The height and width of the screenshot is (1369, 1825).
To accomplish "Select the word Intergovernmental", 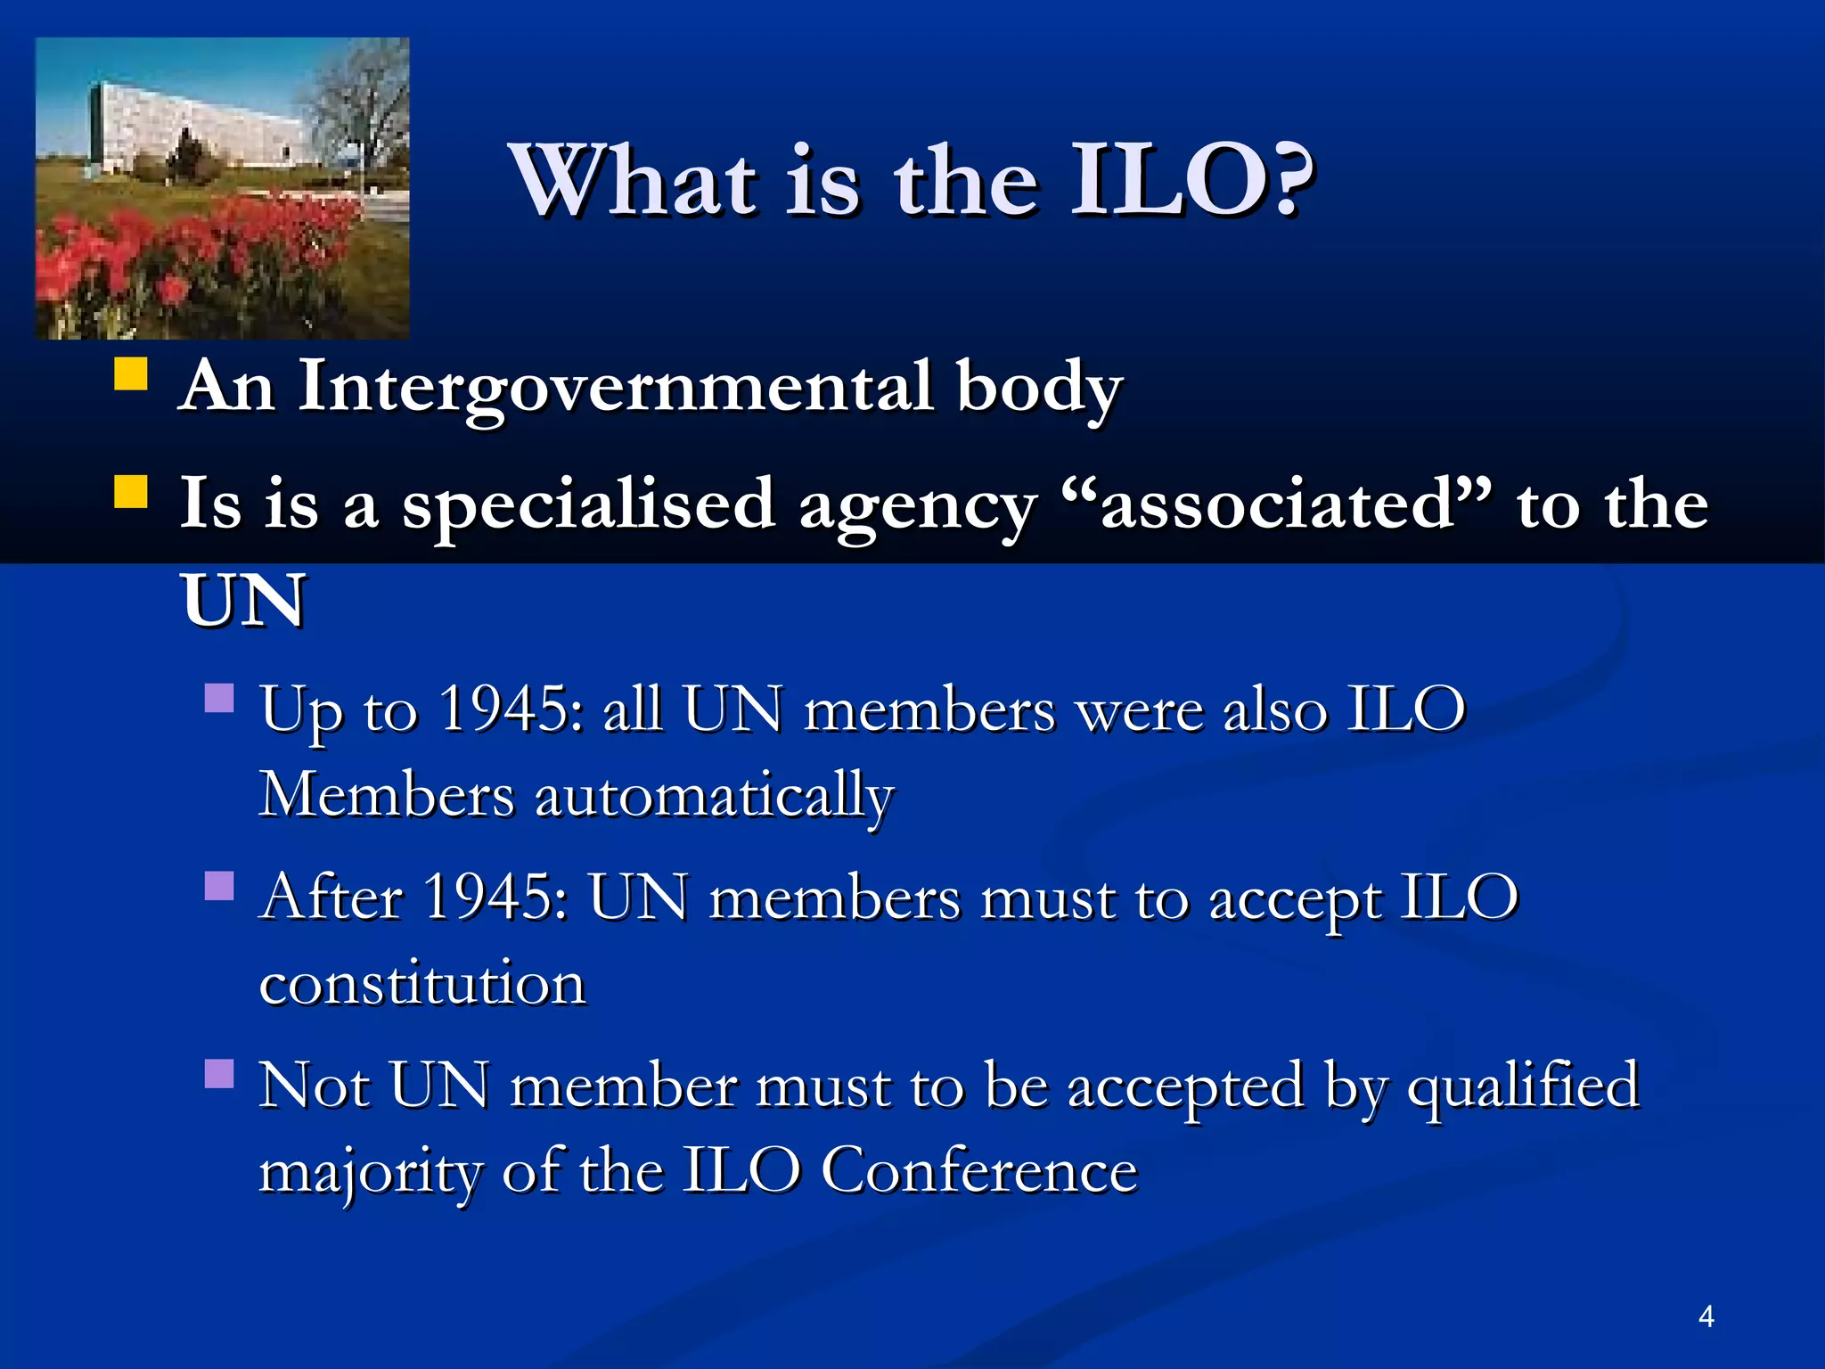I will point(615,388).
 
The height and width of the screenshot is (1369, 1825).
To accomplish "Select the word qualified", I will point(1523,1086).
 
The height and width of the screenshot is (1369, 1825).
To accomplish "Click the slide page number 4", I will point(1706,1316).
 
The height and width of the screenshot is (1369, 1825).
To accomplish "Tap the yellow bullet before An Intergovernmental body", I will point(131,374).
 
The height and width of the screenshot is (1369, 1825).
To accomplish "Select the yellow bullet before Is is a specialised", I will point(131,491).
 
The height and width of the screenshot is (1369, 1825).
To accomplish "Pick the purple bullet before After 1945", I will point(219,886).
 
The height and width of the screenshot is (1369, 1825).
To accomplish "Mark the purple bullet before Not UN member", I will point(219,1074).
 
